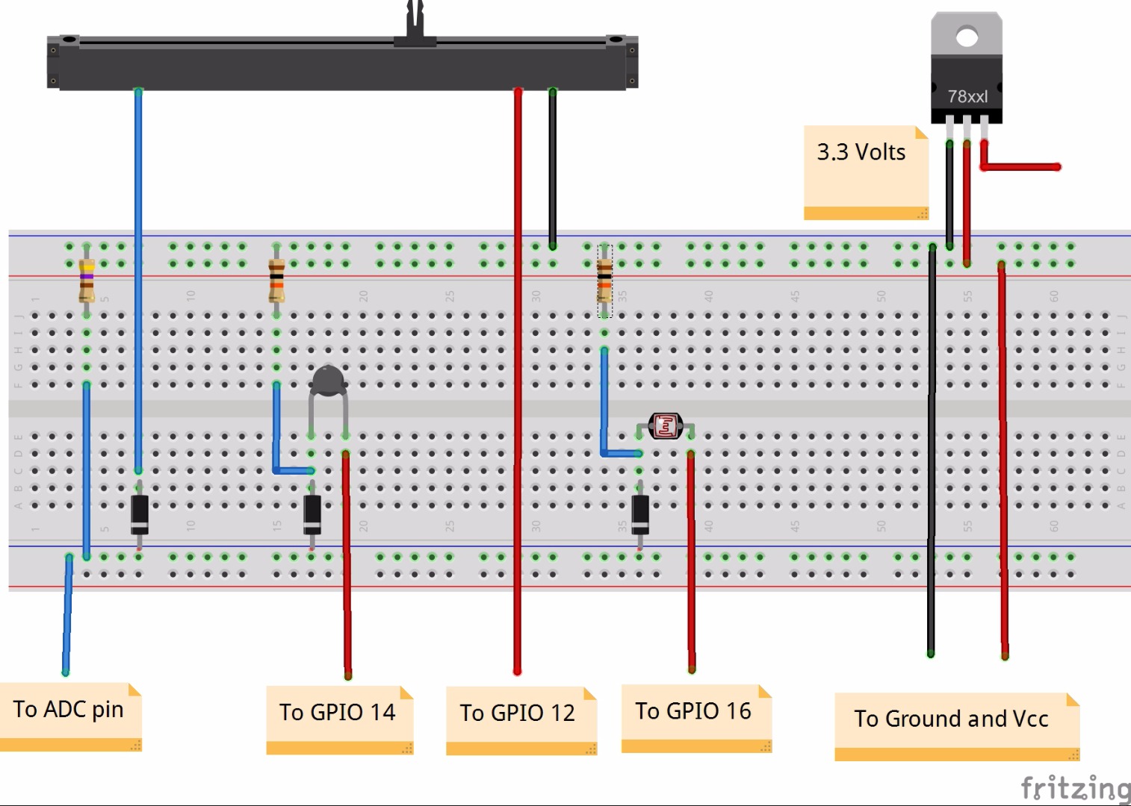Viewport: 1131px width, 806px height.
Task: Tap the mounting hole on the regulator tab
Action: coord(967,36)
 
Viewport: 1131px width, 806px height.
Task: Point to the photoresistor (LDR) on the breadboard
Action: coord(665,426)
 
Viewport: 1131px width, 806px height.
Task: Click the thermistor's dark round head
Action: coord(328,380)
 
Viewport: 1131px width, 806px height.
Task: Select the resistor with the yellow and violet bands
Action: coord(87,279)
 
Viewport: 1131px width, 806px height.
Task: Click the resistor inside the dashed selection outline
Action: coord(604,281)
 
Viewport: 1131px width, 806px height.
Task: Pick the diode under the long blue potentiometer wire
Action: coord(139,513)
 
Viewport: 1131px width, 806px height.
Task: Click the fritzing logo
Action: coord(1076,787)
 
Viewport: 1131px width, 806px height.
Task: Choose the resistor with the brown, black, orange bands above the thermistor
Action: coord(276,279)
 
